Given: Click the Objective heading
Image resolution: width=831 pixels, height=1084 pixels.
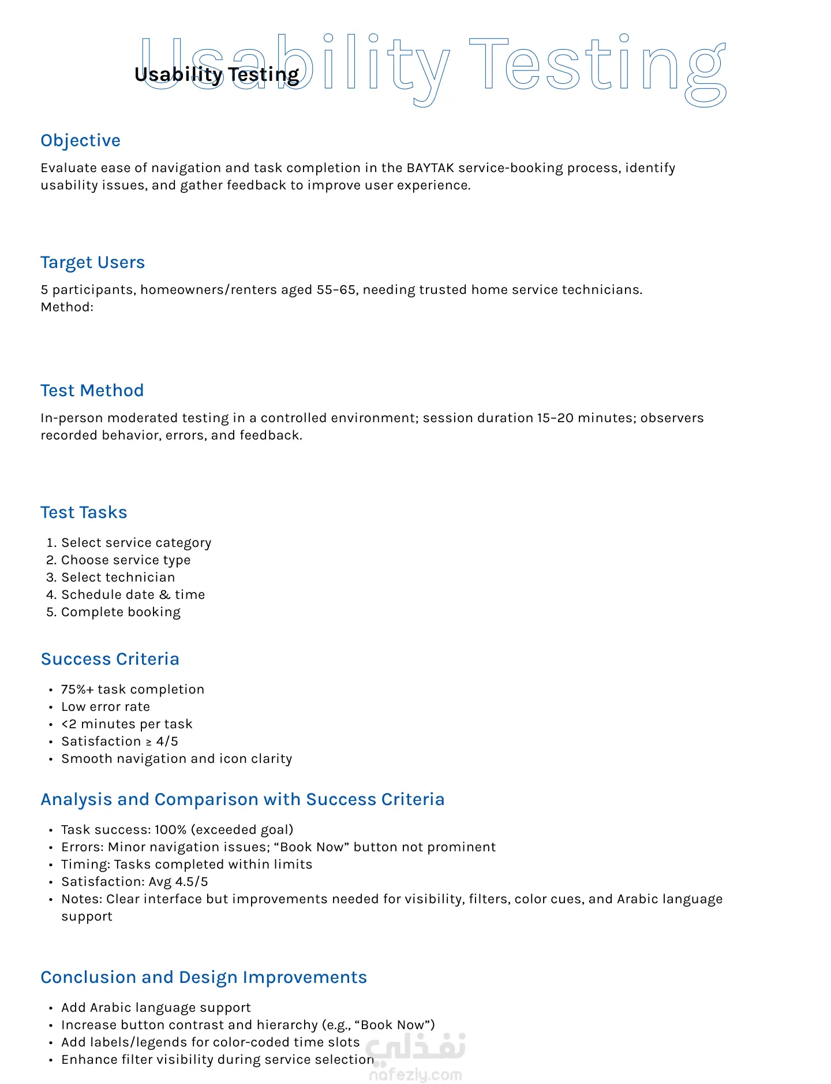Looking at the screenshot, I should point(80,140).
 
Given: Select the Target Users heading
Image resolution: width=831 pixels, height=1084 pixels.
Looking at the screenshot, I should point(92,262).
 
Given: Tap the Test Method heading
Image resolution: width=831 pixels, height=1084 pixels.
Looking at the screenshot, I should point(92,390).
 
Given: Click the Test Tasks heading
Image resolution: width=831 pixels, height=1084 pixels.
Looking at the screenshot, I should point(84,512).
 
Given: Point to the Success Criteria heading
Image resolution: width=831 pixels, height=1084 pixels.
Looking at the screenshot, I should point(110,659).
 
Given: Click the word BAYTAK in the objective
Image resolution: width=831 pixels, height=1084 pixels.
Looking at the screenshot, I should point(431,168).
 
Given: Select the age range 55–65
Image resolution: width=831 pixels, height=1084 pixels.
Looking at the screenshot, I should point(336,290).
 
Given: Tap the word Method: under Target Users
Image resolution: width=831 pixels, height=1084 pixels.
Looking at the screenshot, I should point(67,307).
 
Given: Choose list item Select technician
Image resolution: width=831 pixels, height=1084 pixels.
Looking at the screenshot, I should point(118,578).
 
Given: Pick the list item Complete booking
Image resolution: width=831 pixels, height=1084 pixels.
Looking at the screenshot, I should point(121,612).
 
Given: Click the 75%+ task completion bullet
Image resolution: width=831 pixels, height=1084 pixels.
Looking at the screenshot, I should point(133,690).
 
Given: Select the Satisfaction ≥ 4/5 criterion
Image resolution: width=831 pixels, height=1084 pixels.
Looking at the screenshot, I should point(119,742).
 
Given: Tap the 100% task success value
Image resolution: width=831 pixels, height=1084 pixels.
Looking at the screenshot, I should point(170,830).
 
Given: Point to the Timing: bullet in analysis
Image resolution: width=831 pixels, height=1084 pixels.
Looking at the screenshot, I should point(87,865).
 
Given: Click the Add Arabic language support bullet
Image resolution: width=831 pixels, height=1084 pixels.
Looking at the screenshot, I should point(156,1008).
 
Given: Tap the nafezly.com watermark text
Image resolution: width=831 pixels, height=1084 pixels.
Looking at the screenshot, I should point(415,1075).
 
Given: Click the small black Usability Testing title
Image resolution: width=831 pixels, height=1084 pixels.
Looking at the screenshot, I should point(216,74).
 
